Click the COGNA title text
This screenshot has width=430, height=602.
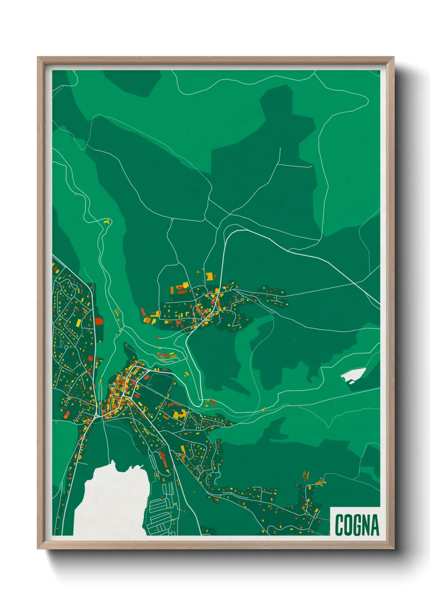tap(356, 525)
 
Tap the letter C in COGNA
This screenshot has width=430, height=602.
tap(339, 525)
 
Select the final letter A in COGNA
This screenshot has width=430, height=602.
tap(374, 525)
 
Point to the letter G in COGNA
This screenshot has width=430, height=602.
tap(356, 525)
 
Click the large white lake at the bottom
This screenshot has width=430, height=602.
tap(110, 502)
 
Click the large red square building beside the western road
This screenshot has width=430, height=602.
tap(98, 321)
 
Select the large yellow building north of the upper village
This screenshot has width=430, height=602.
tap(209, 277)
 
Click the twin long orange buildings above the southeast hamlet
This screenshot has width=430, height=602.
tap(306, 475)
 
